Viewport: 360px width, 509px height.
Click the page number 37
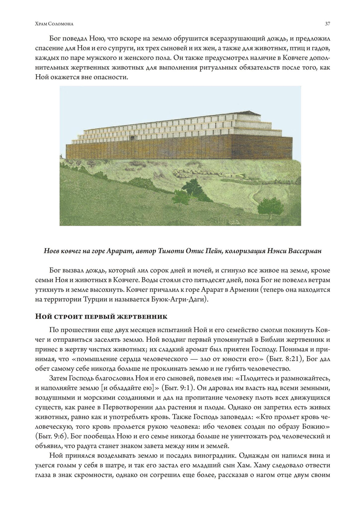[x=328, y=24]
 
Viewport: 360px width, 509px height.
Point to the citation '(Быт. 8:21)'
[x=279, y=359]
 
